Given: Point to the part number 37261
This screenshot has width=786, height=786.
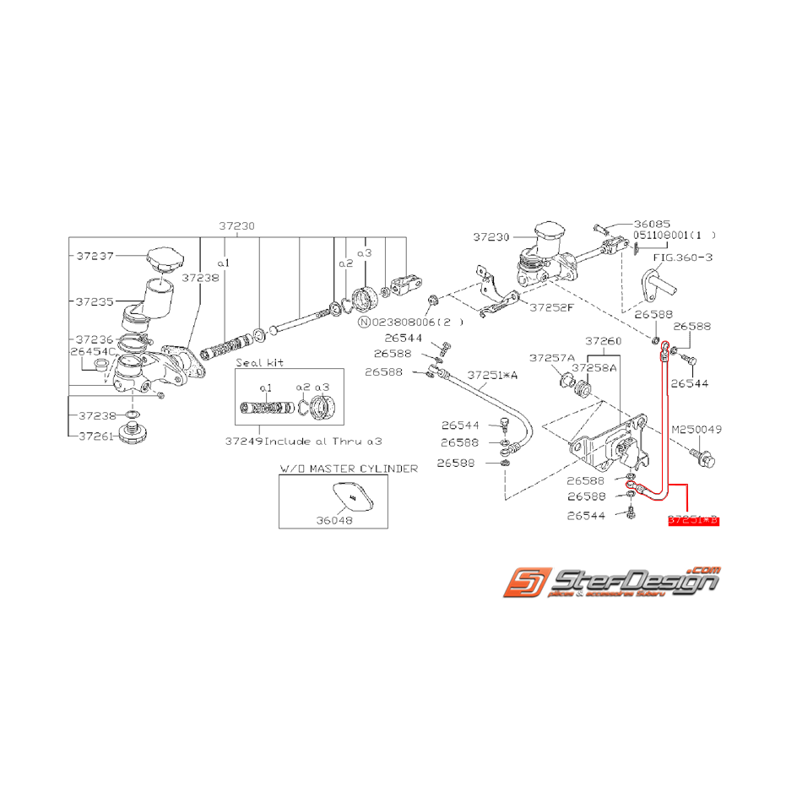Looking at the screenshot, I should click(96, 436).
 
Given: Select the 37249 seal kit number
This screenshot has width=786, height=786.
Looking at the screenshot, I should click(244, 440).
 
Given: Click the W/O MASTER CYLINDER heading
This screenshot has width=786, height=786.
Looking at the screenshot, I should click(348, 468).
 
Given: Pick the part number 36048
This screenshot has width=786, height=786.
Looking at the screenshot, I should click(333, 520).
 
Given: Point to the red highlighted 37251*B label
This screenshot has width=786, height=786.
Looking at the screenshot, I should click(692, 521).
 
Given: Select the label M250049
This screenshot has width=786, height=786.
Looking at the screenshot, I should click(697, 430).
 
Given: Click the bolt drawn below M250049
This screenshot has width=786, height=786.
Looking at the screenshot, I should click(702, 458).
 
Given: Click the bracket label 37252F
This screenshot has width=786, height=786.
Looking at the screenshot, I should click(551, 307).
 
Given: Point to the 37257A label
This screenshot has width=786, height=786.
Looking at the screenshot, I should click(551, 357).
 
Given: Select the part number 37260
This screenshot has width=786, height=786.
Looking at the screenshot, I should click(604, 341).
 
